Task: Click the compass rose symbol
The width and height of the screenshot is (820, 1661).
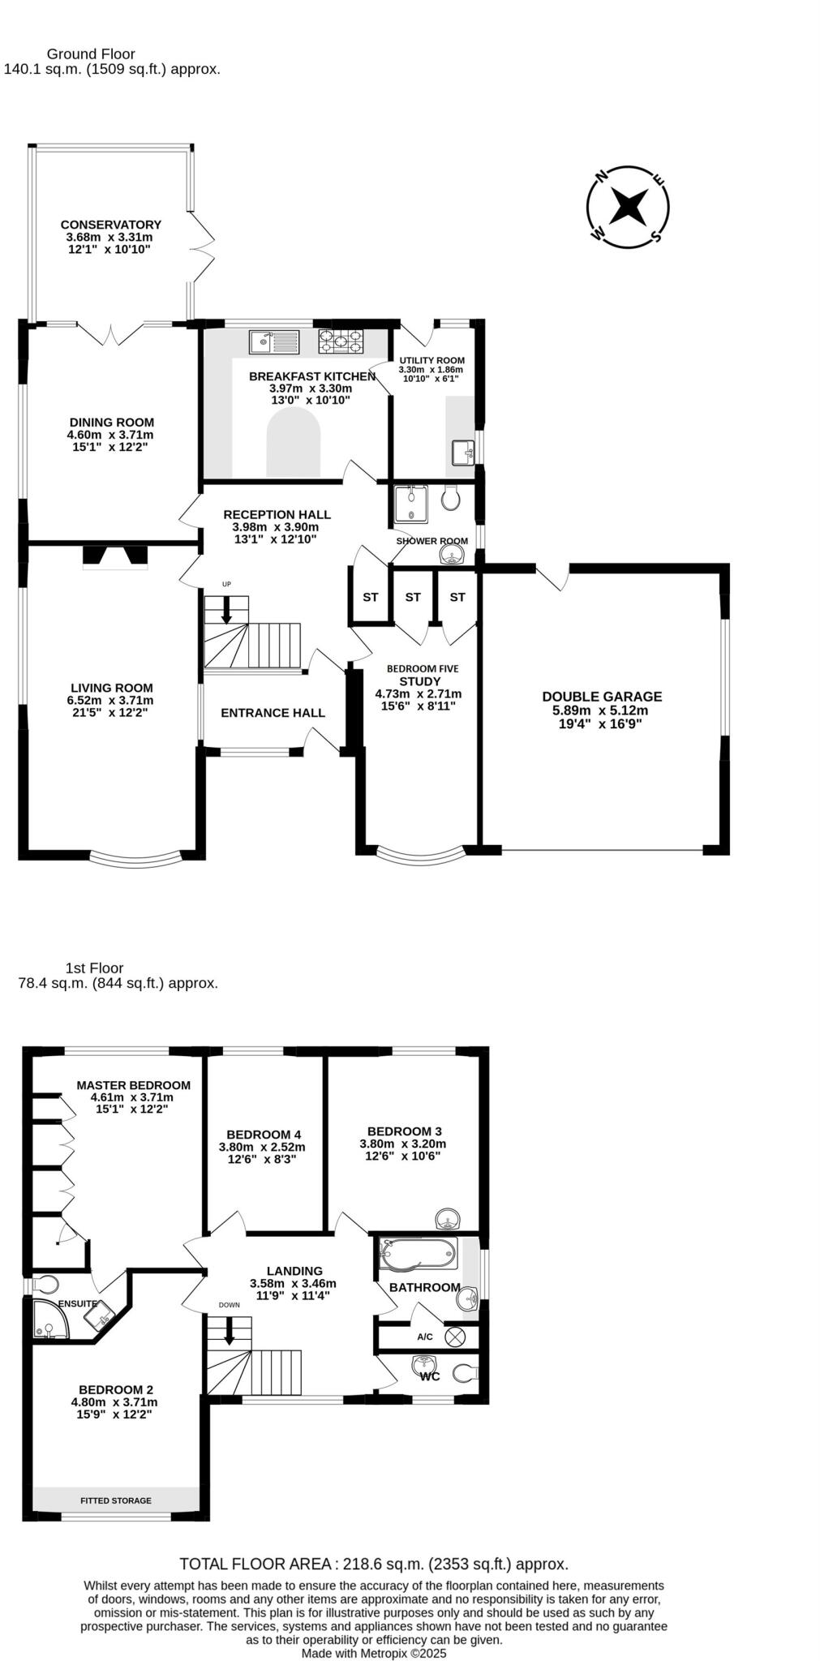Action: coord(628,207)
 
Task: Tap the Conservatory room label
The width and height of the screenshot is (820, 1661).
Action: coord(110,225)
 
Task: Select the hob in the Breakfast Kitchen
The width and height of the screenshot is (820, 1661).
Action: coord(341,341)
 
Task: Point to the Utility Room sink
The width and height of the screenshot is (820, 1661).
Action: coord(463,453)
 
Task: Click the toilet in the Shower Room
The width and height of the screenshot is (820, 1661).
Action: coord(451,497)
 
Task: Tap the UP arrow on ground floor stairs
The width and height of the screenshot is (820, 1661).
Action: coord(226,609)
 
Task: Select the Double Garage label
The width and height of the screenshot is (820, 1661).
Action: coord(602,696)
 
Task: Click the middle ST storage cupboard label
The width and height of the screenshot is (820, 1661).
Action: coord(413,597)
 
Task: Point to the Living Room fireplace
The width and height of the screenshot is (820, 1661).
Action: coord(114,556)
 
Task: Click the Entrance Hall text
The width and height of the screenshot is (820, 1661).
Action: coord(273,713)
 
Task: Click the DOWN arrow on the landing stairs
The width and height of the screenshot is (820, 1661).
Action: coord(229,1331)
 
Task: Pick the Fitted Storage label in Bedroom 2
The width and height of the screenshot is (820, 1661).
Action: coord(115,1500)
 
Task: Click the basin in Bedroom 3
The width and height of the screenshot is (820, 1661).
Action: coord(447,1219)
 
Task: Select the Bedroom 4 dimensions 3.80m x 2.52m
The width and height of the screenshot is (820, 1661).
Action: coord(262,1147)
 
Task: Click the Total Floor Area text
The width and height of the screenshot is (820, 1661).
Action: coord(373,1564)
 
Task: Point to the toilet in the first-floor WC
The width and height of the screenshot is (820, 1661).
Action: coord(465,1373)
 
